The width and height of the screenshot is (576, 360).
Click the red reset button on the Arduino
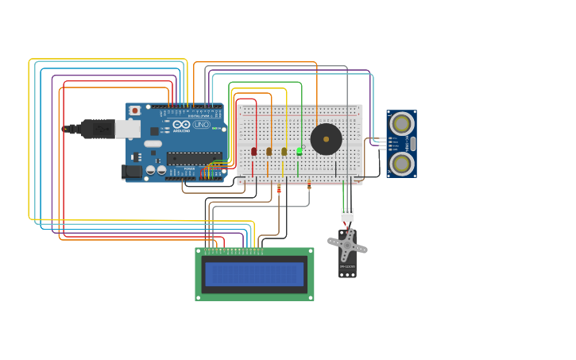[x=135, y=110]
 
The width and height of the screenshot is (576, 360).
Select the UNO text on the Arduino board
[x=202, y=125]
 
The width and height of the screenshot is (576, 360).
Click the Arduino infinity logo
[x=181, y=125]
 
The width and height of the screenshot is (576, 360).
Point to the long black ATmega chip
[x=193, y=158]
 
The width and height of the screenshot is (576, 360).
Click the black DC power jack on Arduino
[x=131, y=171]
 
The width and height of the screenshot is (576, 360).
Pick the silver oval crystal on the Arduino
[x=153, y=144]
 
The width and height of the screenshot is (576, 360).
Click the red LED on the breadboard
[x=253, y=151]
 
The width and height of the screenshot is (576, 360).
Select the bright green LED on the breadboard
[x=299, y=151]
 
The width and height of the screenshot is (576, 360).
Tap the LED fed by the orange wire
[x=269, y=151]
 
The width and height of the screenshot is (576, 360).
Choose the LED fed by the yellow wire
[x=284, y=151]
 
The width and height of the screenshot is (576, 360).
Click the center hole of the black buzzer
[x=326, y=139]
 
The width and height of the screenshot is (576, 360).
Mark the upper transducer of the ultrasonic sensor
[x=401, y=124]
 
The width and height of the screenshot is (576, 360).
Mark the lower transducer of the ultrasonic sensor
[x=401, y=164]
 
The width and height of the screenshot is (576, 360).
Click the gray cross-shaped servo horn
[x=347, y=246]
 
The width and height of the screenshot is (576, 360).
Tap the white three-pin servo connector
[x=347, y=215]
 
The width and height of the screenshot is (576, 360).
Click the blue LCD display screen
[x=254, y=274]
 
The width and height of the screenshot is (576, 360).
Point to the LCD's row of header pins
[x=234, y=252]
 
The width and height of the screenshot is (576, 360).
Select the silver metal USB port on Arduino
[x=127, y=129]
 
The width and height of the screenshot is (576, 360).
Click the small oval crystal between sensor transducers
[x=412, y=144]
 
